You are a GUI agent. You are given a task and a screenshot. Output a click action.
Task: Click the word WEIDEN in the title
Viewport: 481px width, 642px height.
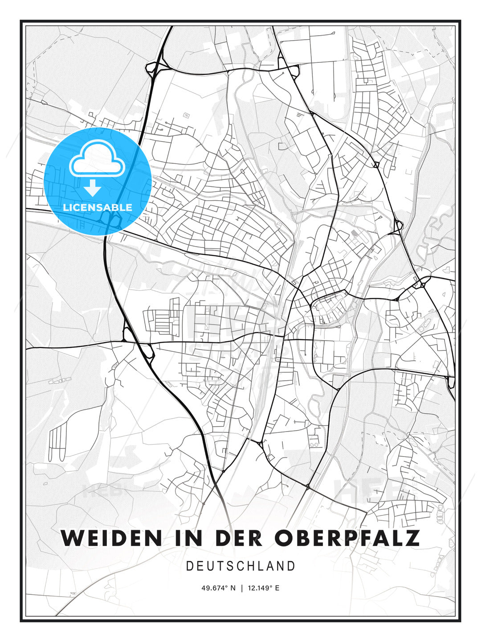coord(111,538)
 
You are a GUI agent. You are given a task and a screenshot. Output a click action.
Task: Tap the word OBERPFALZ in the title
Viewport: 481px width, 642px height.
coord(347,538)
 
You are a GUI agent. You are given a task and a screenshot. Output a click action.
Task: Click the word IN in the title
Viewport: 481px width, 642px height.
coord(186,538)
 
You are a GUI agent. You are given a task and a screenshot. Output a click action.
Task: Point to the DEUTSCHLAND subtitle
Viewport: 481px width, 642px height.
coord(240,566)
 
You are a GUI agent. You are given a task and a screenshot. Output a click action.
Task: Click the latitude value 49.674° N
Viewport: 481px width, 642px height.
coord(218,588)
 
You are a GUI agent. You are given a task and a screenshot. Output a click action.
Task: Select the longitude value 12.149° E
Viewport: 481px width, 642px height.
coord(264,588)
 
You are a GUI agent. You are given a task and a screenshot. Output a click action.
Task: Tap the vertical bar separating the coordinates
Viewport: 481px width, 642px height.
coord(242,588)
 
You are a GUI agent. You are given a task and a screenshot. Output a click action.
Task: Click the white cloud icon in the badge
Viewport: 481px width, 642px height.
coord(97,159)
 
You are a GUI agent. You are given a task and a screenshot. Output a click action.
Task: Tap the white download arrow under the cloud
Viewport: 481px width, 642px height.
coord(93,188)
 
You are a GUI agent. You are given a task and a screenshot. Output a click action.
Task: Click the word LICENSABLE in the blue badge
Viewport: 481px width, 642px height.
coord(98,207)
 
